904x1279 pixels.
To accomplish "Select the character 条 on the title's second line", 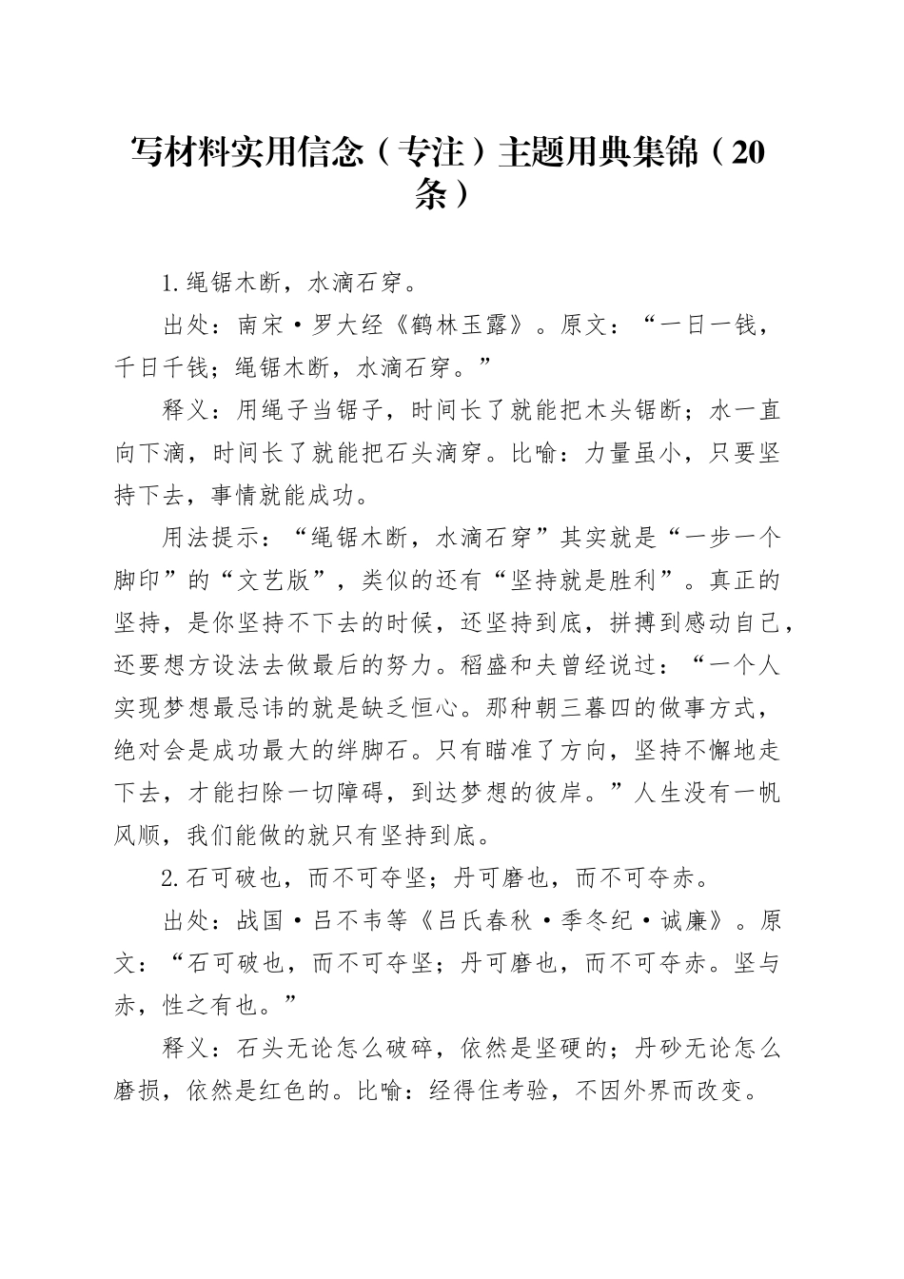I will point(430,194).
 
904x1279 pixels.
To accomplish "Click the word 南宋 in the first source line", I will point(261,326).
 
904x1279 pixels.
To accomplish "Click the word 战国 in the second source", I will point(261,921).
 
